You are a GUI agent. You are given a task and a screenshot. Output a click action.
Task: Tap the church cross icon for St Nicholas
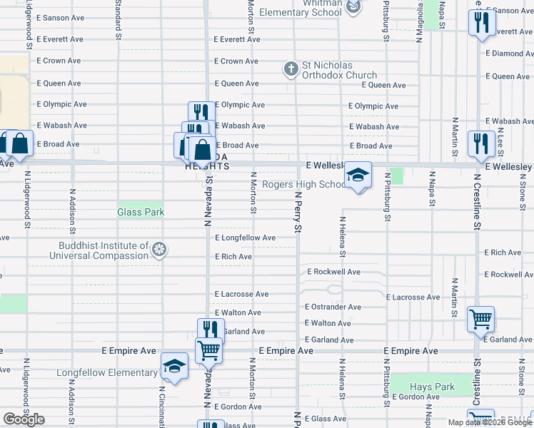click(x=291, y=69)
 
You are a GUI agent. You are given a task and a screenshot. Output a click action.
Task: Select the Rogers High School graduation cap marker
click(x=358, y=175)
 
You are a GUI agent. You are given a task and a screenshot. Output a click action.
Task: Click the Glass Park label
click(x=141, y=212)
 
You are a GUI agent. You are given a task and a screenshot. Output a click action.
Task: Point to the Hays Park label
click(x=433, y=387)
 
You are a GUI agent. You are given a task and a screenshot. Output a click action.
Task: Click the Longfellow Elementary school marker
click(x=173, y=367)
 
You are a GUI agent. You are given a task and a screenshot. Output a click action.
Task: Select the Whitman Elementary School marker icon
click(x=353, y=7)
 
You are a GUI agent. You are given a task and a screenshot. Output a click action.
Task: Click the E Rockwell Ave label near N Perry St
click(x=334, y=272)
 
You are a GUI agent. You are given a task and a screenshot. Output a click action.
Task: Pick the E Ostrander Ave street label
click(x=333, y=307)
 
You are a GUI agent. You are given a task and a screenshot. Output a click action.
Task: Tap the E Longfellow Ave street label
click(x=245, y=238)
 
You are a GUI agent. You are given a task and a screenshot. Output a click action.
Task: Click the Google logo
click(x=24, y=419)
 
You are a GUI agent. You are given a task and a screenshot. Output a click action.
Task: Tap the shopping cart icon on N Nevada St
click(x=209, y=350)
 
